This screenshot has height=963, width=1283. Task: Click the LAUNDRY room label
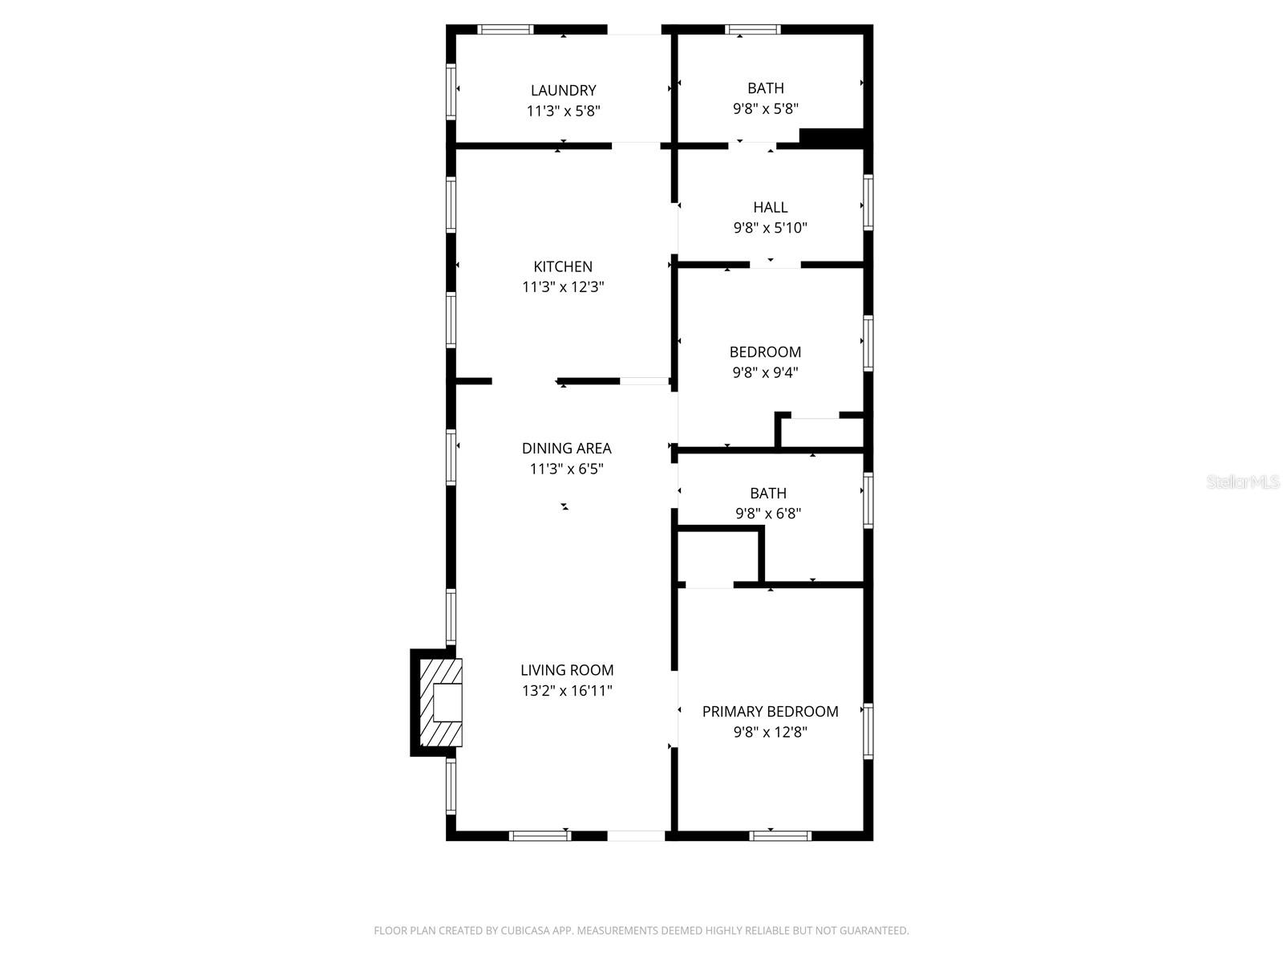click(563, 91)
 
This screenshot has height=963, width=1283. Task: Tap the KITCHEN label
click(563, 266)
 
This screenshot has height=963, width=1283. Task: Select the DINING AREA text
click(566, 449)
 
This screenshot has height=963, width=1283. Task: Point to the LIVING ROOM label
click(567, 670)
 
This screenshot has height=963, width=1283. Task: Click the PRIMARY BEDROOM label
click(770, 712)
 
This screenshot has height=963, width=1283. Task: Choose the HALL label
click(770, 208)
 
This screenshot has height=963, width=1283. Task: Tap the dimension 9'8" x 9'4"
click(765, 372)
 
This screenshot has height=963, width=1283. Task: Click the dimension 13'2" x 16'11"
click(567, 690)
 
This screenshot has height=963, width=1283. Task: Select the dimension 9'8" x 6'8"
click(768, 514)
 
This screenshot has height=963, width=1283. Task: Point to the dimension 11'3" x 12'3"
click(563, 287)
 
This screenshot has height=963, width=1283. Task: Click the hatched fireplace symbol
click(441, 702)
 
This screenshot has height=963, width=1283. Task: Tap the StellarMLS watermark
click(1243, 481)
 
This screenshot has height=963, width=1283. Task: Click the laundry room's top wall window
click(506, 29)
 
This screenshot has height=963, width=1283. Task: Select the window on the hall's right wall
click(868, 202)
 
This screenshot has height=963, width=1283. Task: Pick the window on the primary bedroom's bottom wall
click(780, 836)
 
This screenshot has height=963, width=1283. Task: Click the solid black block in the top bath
click(832, 138)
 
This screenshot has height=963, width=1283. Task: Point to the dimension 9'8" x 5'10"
click(771, 228)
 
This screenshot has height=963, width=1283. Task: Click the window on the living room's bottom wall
click(540, 836)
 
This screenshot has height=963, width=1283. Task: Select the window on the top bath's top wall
click(753, 29)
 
